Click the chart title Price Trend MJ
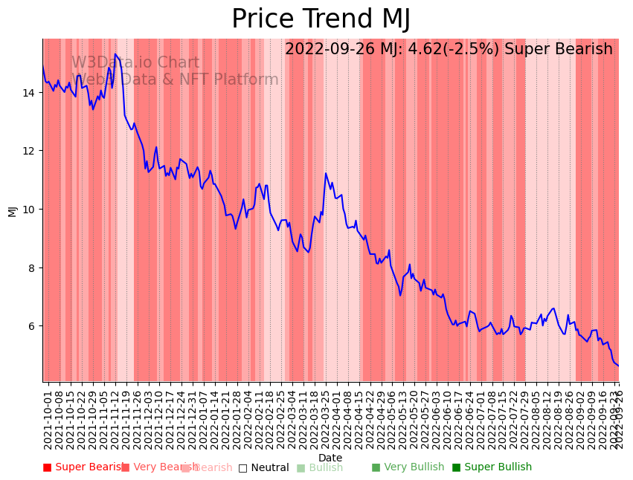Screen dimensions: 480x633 click(321, 19)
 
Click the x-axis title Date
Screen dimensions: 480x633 click(330, 458)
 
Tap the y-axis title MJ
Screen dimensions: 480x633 click(12, 211)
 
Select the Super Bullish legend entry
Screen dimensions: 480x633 click(492, 467)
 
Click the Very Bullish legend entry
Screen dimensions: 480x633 click(408, 467)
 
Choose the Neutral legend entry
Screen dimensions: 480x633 click(263, 468)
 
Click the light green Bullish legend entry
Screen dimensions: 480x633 click(320, 468)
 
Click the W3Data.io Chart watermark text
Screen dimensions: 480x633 click(135, 63)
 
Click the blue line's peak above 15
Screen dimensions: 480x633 click(115, 54)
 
